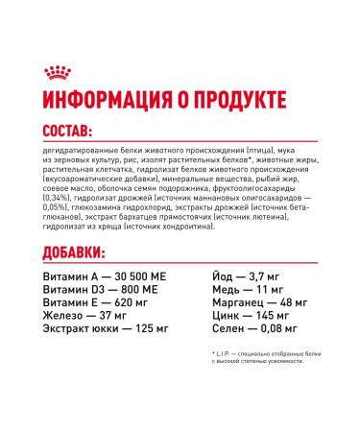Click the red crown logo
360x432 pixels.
[x=55, y=73]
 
